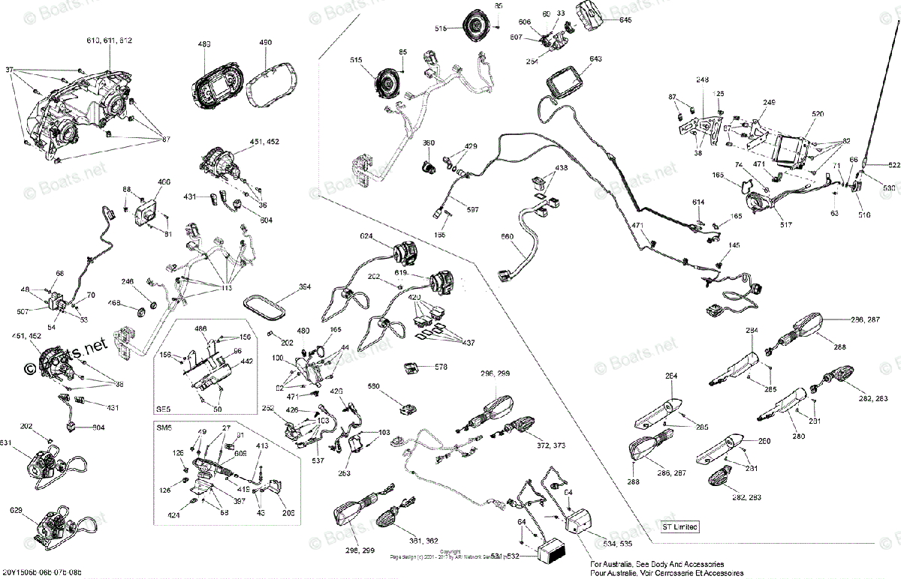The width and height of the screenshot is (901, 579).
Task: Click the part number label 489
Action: tap(204, 45)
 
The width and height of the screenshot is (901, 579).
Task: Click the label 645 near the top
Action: tap(625, 20)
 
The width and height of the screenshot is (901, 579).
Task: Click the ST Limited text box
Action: tap(680, 526)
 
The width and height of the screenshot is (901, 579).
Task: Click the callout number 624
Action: tap(366, 235)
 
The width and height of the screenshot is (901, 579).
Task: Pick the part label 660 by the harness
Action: tap(507, 237)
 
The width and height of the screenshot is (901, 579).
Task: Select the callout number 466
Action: tap(164, 182)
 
